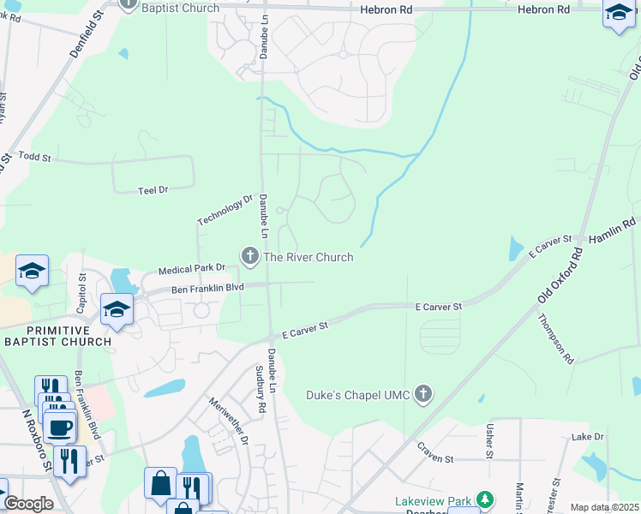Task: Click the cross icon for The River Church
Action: [x=250, y=255]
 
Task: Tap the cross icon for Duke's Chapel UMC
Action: [x=422, y=395]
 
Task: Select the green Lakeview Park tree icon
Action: [x=485, y=499]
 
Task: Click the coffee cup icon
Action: [x=59, y=426]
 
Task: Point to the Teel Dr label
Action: [x=153, y=189]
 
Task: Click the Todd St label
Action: [x=35, y=158]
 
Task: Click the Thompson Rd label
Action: [x=556, y=338]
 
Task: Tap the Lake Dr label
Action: [x=587, y=437]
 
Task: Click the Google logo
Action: [x=28, y=504]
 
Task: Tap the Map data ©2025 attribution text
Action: [x=603, y=507]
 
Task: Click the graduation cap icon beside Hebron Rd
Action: [x=618, y=14]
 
